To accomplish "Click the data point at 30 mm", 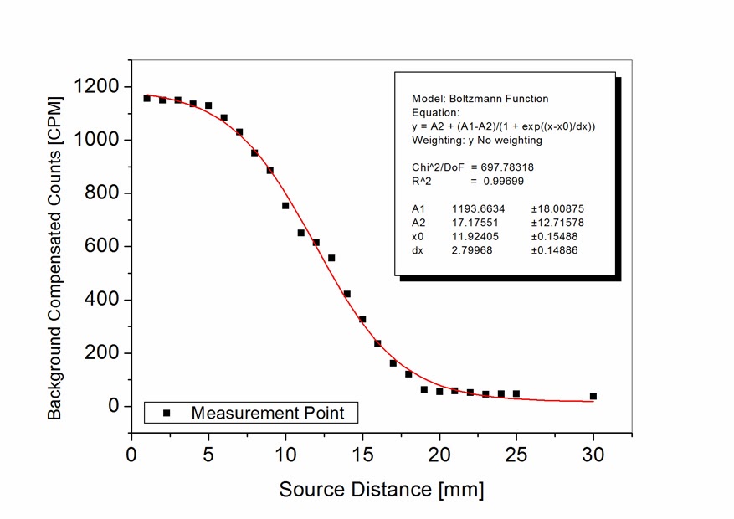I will (593, 396).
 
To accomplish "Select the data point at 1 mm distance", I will (146, 99).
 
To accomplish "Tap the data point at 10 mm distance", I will (285, 205).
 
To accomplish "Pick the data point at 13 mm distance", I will (331, 258).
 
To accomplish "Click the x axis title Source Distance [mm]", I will (381, 489).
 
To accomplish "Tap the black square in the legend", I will (166, 413).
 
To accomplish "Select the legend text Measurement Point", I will (268, 413).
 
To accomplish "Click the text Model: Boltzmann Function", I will (480, 99).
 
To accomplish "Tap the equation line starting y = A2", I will (503, 126).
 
